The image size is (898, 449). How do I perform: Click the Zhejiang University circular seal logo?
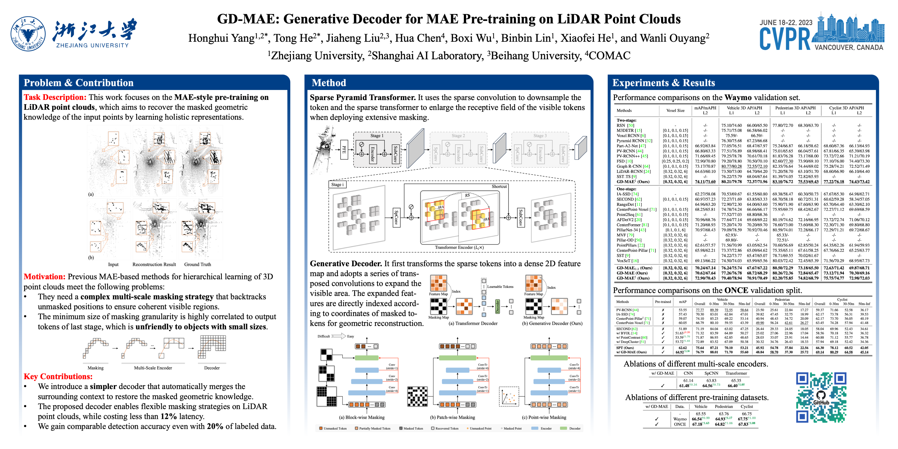[28, 34]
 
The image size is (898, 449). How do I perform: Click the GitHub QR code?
[821, 397]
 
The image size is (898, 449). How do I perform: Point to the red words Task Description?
[55, 97]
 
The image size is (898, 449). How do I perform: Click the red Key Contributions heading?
[58, 376]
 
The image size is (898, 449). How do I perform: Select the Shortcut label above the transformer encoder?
[499, 187]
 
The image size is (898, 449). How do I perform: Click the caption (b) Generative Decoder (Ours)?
[552, 324]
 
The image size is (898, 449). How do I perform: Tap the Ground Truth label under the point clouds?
[197, 265]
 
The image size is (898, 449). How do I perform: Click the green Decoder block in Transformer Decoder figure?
[497, 306]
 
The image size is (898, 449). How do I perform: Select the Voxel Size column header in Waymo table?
[675, 110]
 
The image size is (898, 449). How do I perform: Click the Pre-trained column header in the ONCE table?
[663, 302]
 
